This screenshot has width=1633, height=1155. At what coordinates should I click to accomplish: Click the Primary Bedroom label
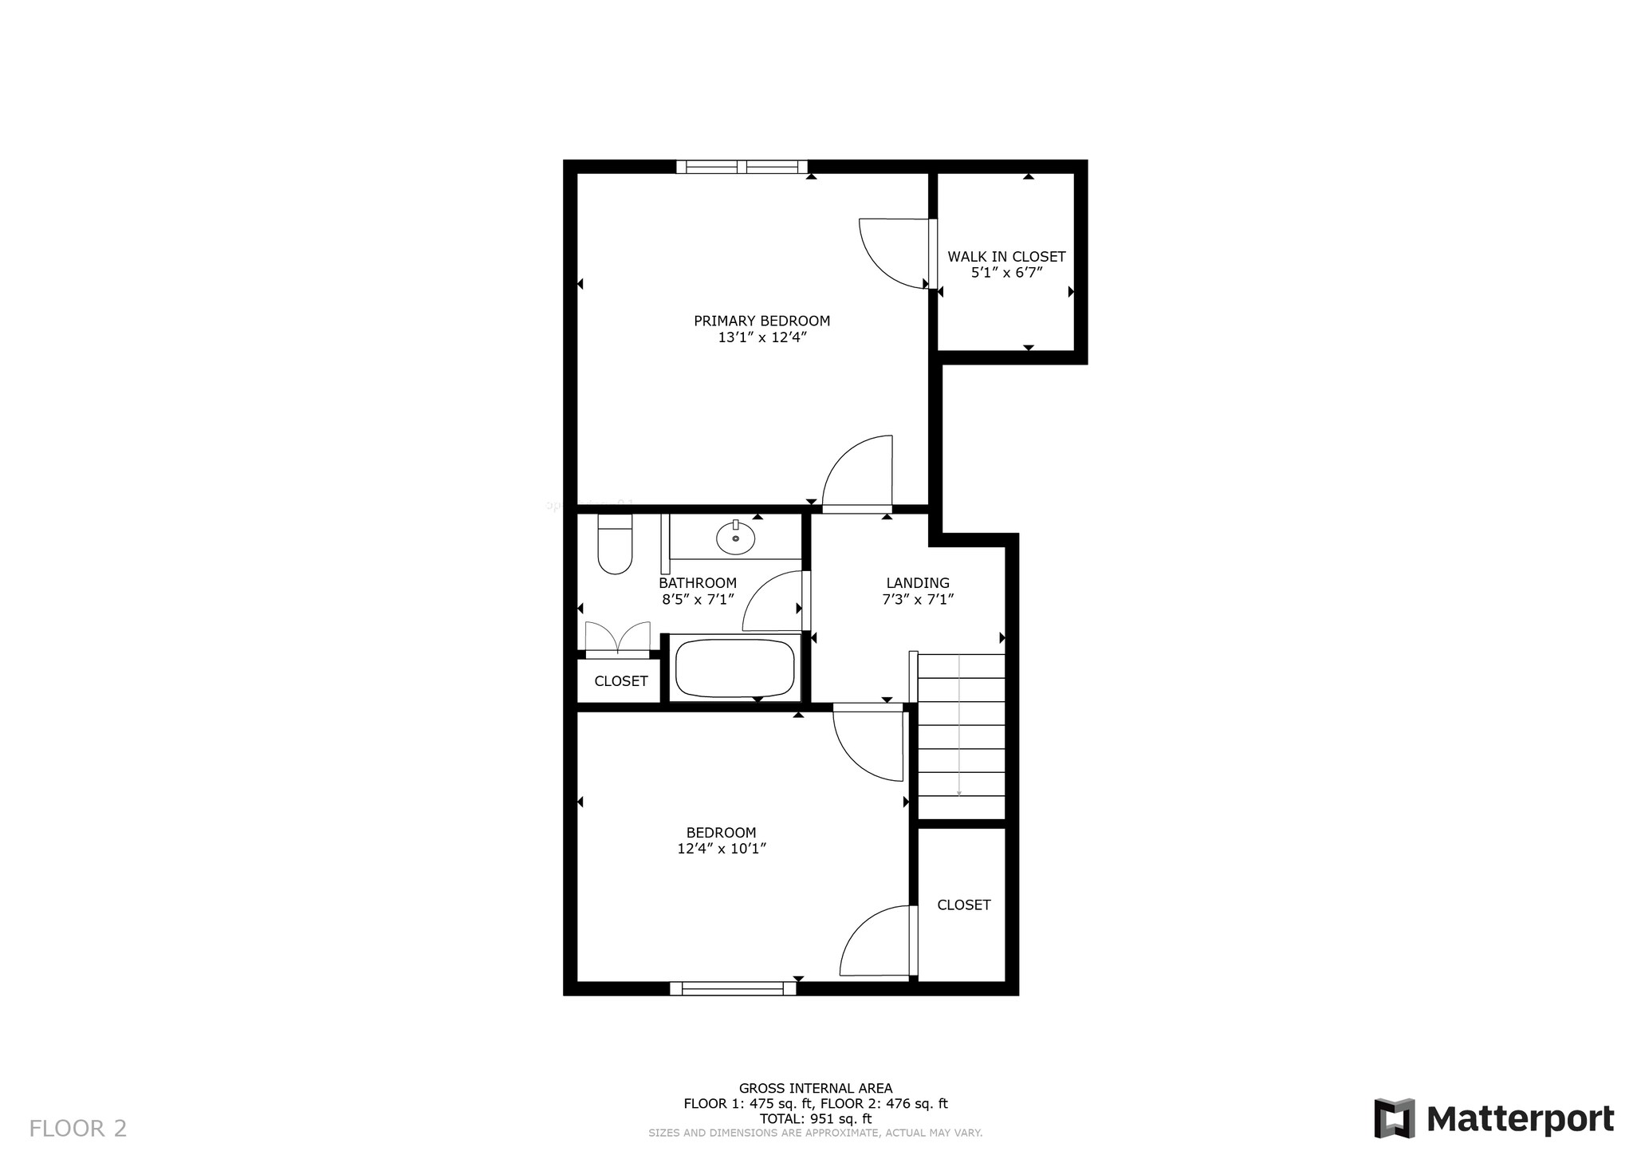tap(761, 321)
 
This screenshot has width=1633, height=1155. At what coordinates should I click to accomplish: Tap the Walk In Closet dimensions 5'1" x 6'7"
tap(1006, 273)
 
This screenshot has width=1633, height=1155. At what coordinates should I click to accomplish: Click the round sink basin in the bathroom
tap(735, 538)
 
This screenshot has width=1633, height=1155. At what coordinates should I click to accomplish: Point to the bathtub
tap(734, 668)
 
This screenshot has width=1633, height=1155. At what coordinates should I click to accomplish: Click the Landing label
tap(918, 583)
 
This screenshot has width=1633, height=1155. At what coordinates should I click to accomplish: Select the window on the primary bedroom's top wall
tap(742, 167)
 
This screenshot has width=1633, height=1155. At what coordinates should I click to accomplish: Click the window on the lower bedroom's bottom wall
tap(733, 989)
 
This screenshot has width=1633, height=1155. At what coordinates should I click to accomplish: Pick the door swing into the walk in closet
tap(893, 253)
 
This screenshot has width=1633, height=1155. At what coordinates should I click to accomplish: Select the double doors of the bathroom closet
tap(617, 640)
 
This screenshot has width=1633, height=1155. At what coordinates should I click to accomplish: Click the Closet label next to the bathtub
tap(620, 681)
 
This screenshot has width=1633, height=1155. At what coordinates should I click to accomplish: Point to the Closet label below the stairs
tap(963, 905)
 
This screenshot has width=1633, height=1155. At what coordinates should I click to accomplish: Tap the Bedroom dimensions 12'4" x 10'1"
tap(722, 849)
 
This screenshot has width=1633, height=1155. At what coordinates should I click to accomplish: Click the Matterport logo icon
tap(1394, 1118)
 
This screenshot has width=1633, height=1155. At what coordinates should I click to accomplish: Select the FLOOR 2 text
tap(77, 1128)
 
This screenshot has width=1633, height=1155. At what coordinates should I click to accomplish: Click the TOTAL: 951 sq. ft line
tap(815, 1119)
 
